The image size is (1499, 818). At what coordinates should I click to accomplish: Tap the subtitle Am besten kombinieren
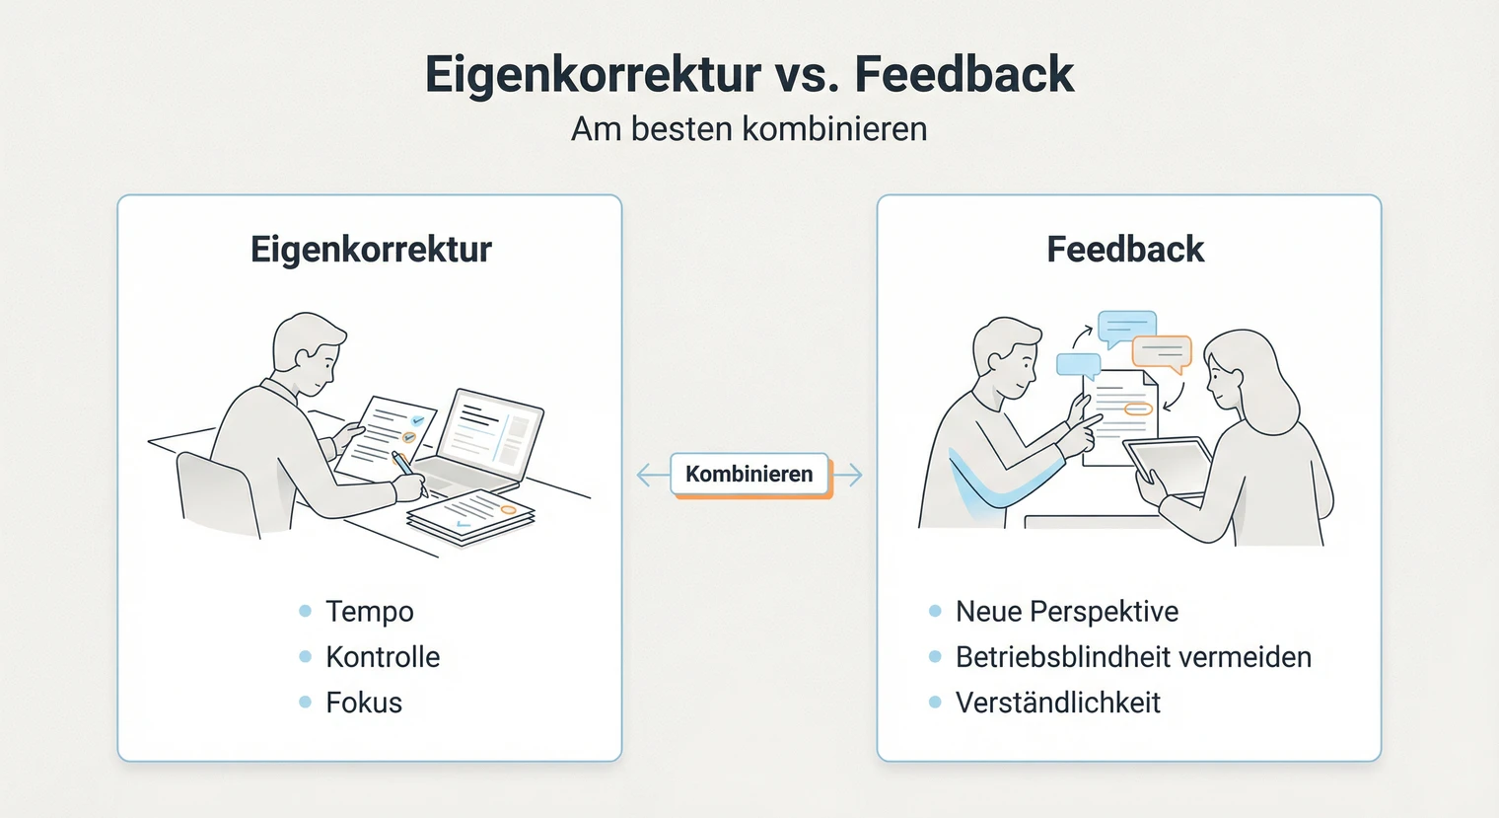pos(749,129)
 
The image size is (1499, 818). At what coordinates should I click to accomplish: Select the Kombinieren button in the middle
pos(749,474)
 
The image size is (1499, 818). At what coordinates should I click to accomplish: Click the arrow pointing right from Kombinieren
pos(849,475)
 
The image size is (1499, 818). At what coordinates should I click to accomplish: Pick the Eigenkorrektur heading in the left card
pos(371,250)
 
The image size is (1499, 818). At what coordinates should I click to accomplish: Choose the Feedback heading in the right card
pos(1125,250)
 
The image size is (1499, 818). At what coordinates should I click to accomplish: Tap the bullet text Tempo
pos(370,612)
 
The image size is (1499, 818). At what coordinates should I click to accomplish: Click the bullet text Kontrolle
pos(383,657)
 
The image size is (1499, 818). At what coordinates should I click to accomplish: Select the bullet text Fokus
pos(364,703)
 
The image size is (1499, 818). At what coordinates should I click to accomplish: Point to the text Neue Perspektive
pos(1067,612)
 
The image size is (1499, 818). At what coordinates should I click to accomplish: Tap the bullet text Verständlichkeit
pos(1058,703)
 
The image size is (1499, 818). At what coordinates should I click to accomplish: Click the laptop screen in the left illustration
pos(490,431)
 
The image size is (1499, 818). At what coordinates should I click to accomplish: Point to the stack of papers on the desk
pos(471,516)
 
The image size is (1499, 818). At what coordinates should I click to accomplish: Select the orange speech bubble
pos(1162,352)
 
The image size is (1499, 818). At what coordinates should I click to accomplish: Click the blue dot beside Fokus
pos(306,703)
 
